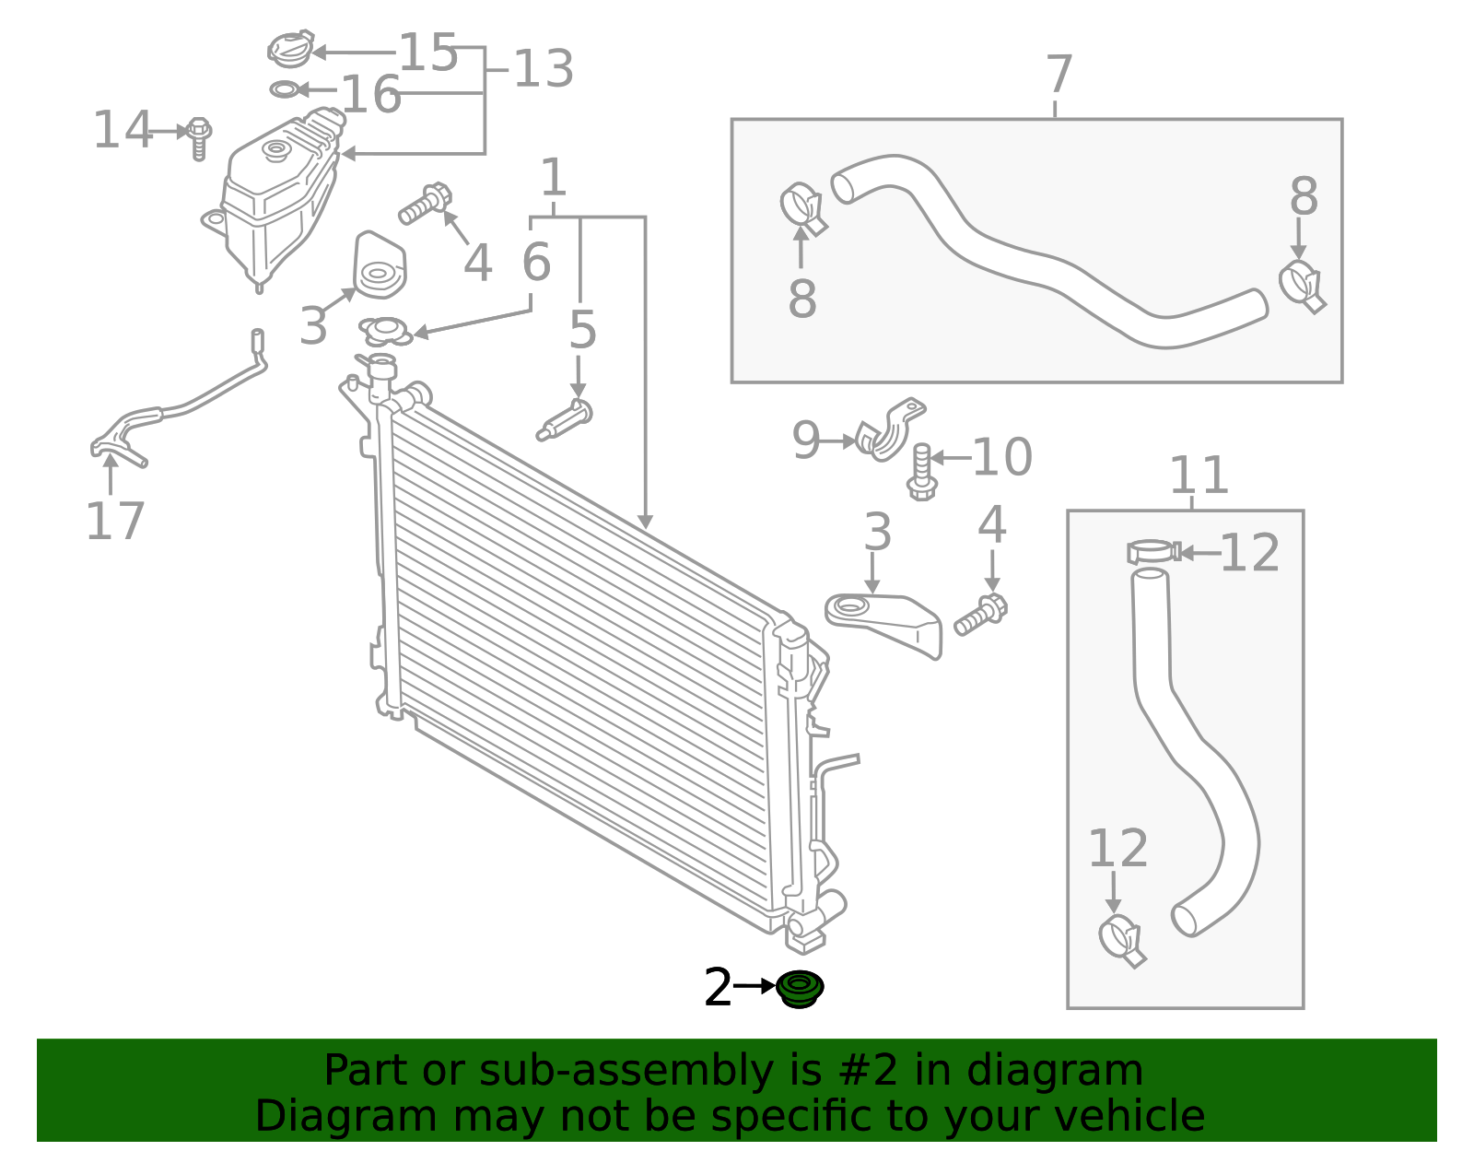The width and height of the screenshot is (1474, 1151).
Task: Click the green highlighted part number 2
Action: (800, 989)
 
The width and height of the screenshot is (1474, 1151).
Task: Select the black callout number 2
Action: (718, 988)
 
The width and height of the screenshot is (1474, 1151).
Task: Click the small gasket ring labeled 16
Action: (283, 89)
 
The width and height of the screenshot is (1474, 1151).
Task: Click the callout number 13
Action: (544, 70)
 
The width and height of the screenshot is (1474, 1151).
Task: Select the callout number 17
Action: (115, 522)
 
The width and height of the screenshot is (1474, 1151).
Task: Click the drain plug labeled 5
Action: (566, 422)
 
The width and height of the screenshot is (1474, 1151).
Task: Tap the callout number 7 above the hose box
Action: (1059, 76)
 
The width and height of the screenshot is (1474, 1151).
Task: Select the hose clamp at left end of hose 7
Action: (802, 208)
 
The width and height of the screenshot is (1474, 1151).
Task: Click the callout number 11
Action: (1199, 476)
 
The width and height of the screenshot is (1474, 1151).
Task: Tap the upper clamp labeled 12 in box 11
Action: (1152, 552)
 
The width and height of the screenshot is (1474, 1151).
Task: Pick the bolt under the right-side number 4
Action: (980, 616)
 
